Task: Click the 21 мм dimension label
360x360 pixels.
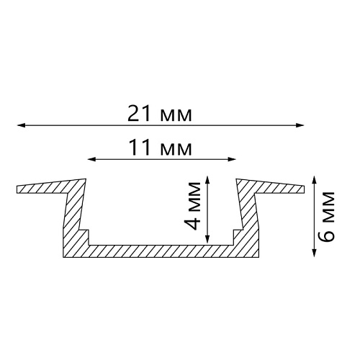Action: point(160,114)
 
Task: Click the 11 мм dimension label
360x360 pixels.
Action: point(161,148)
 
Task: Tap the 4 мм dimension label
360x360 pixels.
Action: point(192,206)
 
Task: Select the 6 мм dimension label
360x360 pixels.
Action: point(326,216)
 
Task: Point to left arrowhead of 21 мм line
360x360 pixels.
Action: point(21,125)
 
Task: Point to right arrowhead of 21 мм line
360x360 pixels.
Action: point(300,125)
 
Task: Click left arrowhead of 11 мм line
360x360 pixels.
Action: point(91,159)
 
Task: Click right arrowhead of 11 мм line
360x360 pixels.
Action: point(232,159)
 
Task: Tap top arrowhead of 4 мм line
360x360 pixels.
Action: point(207,180)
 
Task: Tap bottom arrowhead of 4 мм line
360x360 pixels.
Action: point(207,239)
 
